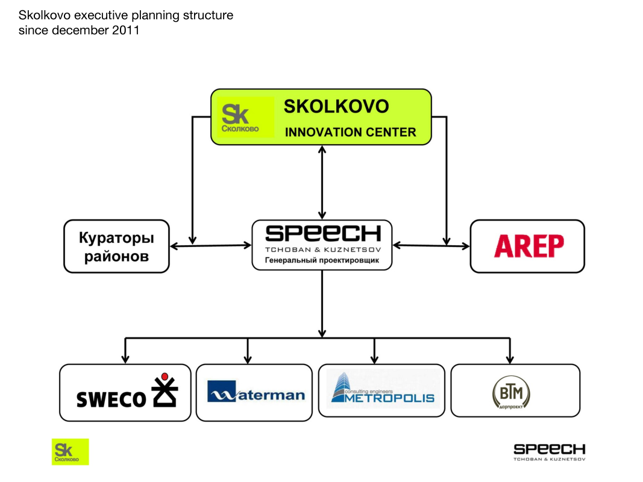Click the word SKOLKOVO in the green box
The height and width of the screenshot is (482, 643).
pyautogui.click(x=336, y=107)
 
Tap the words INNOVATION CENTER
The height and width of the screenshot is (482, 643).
pyautogui.click(x=350, y=132)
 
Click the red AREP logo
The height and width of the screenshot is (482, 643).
pyautogui.click(x=529, y=246)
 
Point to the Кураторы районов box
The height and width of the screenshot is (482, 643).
pyautogui.click(x=116, y=246)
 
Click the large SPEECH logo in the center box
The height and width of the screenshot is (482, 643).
pyautogui.click(x=322, y=234)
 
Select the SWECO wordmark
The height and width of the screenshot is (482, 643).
pyautogui.click(x=111, y=398)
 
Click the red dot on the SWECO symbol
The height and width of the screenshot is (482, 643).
pyautogui.click(x=165, y=377)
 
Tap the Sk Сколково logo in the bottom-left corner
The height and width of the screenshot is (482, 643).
pyautogui.click(x=70, y=451)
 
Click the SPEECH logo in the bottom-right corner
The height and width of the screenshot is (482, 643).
pyautogui.click(x=549, y=449)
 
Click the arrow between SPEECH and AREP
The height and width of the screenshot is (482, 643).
pyautogui.click(x=431, y=245)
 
